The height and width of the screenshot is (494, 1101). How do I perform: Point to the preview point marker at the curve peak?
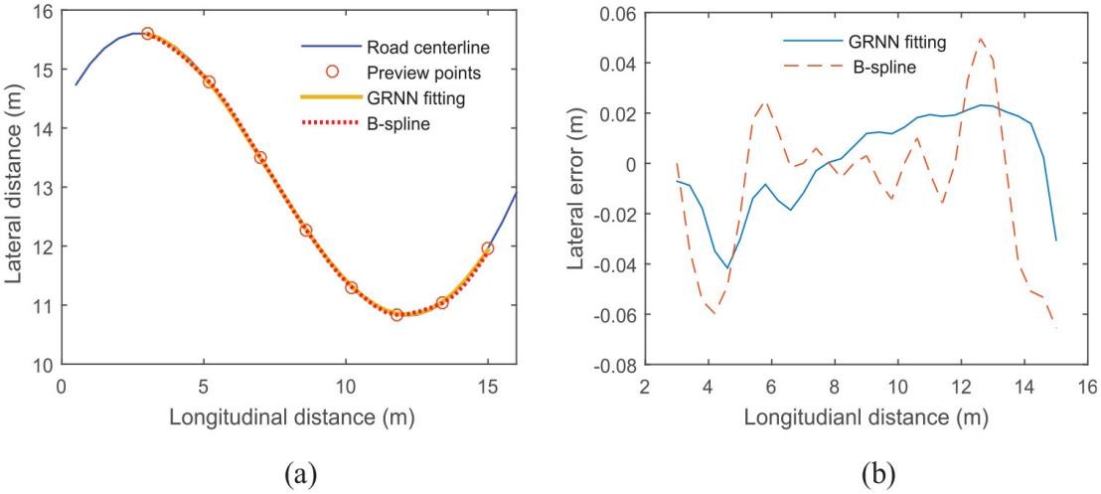point(147,34)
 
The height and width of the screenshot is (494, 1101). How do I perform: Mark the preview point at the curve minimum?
point(396,315)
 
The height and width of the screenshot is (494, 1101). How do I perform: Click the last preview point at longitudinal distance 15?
point(488,248)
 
